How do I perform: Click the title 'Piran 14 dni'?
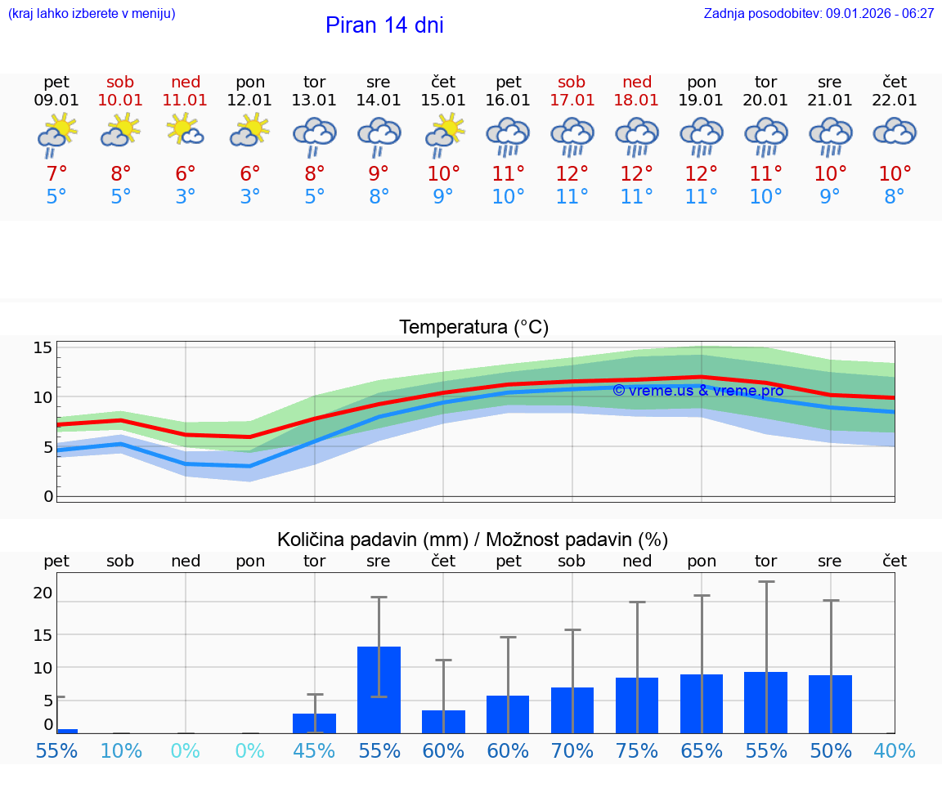point(384,25)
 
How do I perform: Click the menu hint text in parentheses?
point(91,13)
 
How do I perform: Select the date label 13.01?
point(314,101)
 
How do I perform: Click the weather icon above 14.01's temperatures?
point(379,136)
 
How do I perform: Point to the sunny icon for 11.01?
point(186,131)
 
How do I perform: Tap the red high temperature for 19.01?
point(701,174)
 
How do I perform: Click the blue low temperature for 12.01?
point(250,197)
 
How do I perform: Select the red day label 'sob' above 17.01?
point(572,82)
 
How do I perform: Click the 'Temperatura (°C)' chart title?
point(473,327)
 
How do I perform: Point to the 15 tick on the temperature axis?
point(43,347)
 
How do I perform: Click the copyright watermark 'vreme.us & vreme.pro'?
point(698,390)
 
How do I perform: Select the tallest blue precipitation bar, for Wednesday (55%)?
point(379,689)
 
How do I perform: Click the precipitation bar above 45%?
point(314,723)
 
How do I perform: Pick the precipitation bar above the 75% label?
point(636,705)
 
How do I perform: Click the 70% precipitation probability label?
point(572,750)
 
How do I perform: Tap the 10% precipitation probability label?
point(121,750)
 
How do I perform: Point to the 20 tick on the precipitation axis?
point(43,593)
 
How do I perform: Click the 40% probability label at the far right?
point(895,750)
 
